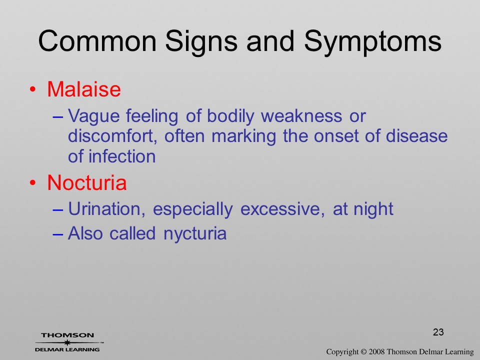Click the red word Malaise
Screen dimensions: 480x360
point(84,89)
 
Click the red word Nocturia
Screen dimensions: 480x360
point(87,183)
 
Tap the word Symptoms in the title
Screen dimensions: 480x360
point(372,42)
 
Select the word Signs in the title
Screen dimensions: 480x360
point(201,42)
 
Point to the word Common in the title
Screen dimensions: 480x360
point(97,41)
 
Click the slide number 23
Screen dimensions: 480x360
point(438,332)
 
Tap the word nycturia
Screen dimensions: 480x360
point(195,234)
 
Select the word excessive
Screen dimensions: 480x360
point(282,209)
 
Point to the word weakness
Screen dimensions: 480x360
point(301,116)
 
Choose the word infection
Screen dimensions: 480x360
point(122,156)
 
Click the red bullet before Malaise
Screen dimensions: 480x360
point(33,89)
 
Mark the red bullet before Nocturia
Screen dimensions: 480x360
point(33,183)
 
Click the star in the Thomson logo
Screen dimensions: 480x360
point(67,342)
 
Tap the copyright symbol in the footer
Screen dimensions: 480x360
point(363,351)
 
